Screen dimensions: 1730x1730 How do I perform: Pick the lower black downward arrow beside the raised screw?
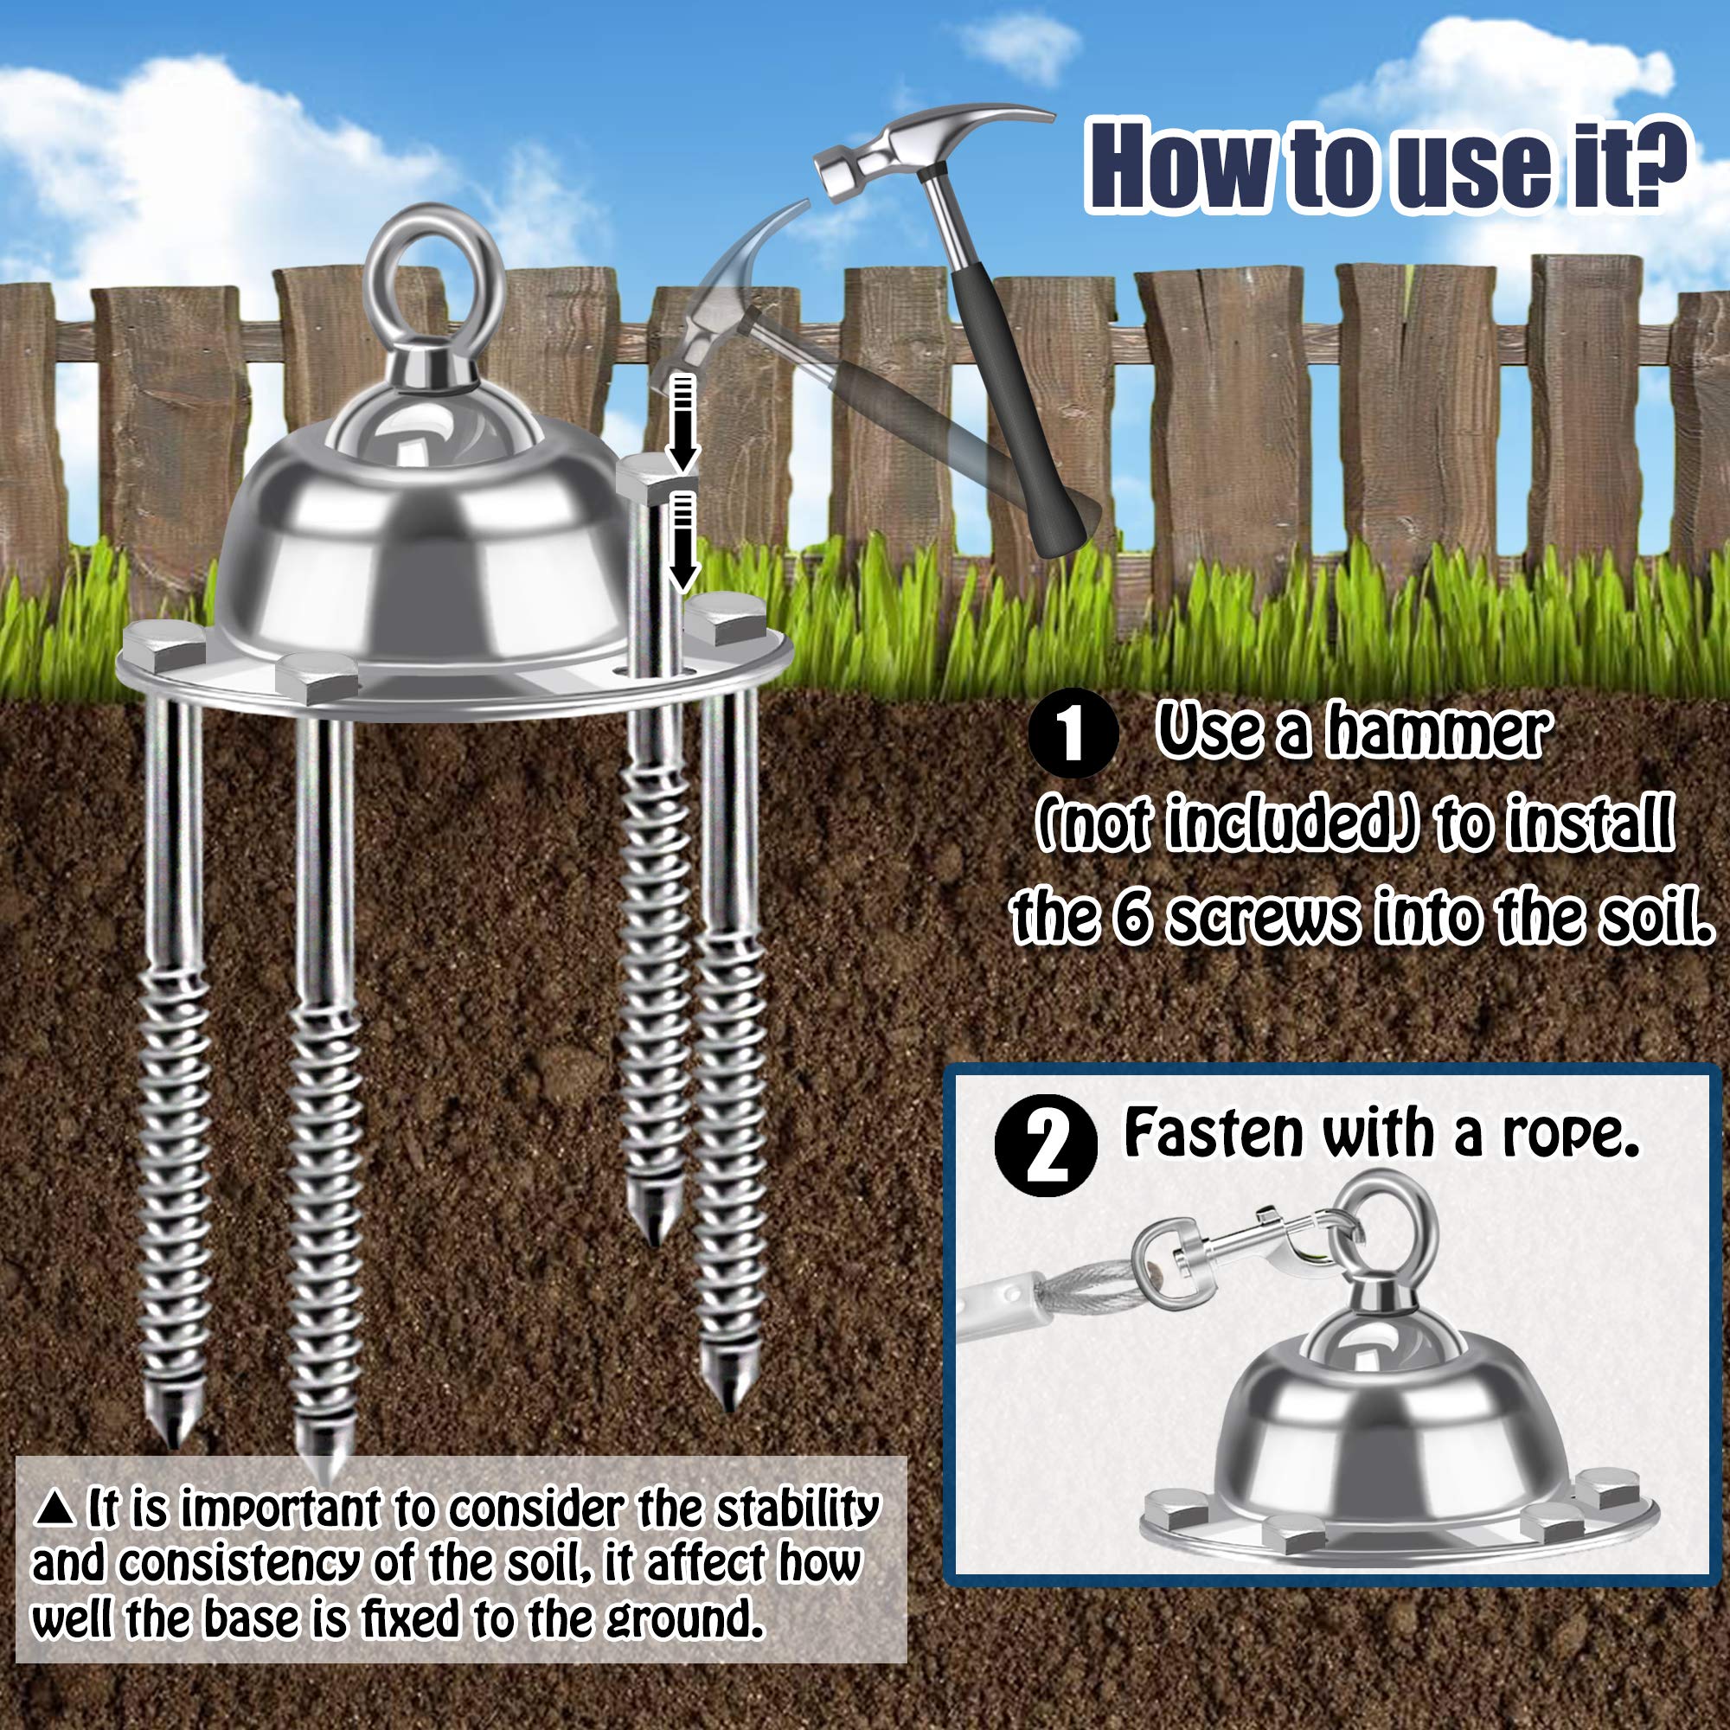tap(683, 541)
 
